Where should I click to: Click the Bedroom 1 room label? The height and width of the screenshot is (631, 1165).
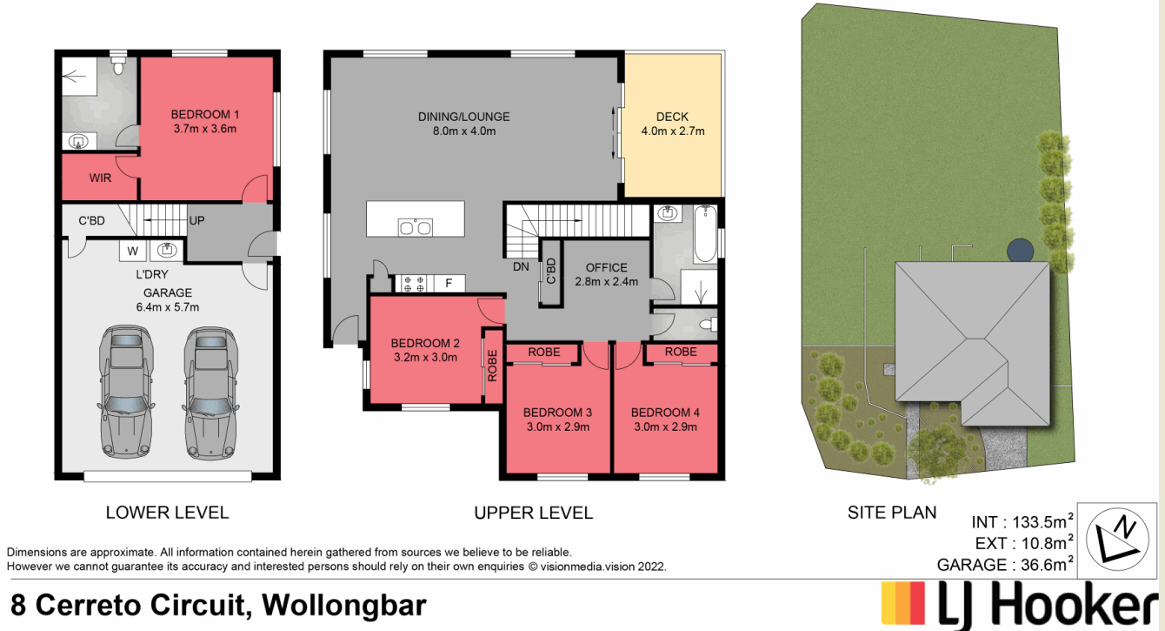[x=204, y=114]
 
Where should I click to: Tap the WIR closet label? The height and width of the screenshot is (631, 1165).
[x=101, y=178]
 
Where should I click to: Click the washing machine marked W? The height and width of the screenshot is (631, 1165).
[x=133, y=252]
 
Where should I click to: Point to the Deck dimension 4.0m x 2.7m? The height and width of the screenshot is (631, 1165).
[x=672, y=131]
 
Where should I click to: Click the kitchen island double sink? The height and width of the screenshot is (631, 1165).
[x=415, y=227]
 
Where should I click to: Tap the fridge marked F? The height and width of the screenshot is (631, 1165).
[x=449, y=283]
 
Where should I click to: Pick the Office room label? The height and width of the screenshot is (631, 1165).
[x=606, y=267]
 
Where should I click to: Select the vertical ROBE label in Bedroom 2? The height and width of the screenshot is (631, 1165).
[x=492, y=366]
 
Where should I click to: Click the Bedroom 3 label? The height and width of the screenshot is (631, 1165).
[x=556, y=412]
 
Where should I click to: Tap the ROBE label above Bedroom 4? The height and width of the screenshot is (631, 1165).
[x=680, y=352]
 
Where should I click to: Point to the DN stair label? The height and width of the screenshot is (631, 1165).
[x=521, y=267]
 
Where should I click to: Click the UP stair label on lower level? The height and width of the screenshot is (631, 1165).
[x=196, y=221]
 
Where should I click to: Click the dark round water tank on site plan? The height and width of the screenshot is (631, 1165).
[x=1021, y=251]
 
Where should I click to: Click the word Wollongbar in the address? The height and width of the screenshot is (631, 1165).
[x=344, y=604]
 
